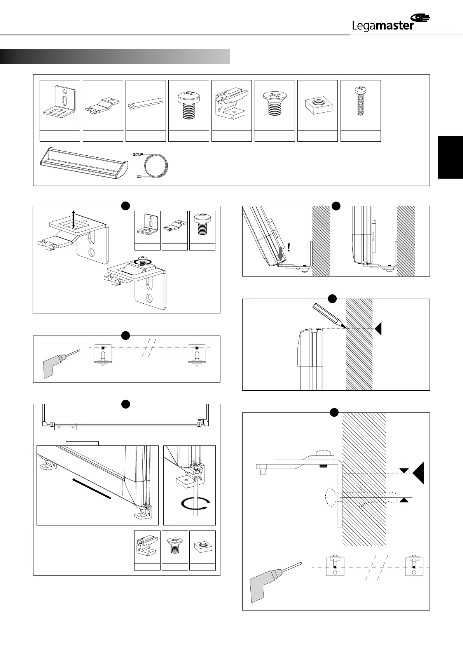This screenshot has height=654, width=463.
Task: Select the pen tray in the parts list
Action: point(82,163)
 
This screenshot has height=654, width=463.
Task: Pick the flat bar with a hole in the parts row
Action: point(146,106)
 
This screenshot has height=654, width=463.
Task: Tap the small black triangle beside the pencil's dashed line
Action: point(378,329)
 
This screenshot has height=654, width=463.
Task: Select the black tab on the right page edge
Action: point(450,157)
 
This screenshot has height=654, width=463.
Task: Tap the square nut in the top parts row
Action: point(317,104)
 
